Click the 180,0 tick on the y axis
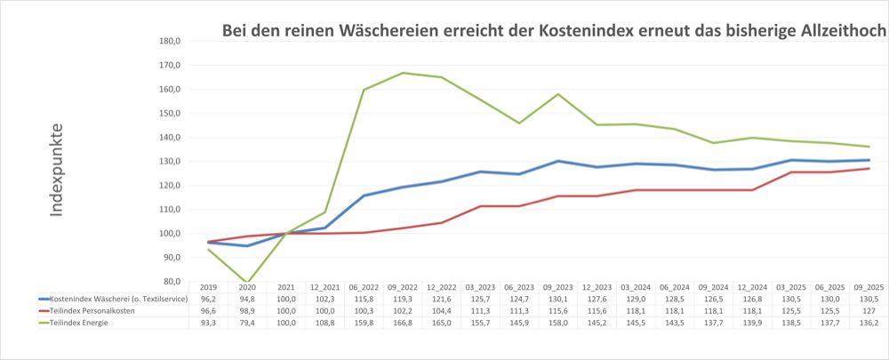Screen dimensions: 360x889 click(x=169, y=41)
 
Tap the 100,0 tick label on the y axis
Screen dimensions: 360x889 click(x=169, y=233)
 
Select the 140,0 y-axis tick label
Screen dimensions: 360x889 click(x=169, y=137)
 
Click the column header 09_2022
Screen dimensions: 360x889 click(x=402, y=288)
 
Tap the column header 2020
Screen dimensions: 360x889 click(x=247, y=288)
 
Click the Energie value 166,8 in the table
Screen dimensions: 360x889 click(x=402, y=323)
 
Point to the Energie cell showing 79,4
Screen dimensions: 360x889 click(x=247, y=323)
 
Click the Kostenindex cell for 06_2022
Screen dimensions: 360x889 click(x=364, y=300)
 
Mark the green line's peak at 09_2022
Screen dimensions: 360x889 click(x=403, y=73)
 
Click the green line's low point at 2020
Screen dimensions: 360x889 click(x=247, y=282)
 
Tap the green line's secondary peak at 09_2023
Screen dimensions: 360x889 click(x=557, y=94)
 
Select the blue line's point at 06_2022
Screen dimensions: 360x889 click(x=364, y=196)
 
